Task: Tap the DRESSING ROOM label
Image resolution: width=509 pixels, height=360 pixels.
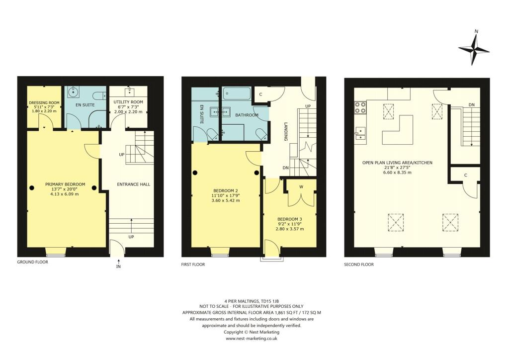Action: point(44,102)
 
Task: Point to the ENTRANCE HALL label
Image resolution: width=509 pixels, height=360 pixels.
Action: point(133,184)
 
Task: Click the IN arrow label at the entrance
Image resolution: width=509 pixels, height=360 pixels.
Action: point(118,267)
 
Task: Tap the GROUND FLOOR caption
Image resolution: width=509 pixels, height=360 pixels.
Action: point(33,262)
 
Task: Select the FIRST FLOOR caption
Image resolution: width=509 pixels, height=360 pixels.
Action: point(193,265)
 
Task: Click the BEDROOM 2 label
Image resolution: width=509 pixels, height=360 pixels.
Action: point(226,191)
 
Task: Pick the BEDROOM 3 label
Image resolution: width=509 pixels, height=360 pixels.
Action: point(289,219)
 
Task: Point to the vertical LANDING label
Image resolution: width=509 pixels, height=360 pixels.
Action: point(286,132)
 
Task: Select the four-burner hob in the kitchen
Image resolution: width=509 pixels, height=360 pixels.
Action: point(360,108)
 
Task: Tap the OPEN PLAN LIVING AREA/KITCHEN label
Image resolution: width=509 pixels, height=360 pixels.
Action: point(397,163)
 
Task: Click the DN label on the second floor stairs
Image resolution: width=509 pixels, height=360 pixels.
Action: point(471,105)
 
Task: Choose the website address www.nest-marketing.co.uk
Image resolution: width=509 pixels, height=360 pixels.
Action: point(252,338)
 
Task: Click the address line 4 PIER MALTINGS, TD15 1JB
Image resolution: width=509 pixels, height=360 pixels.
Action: point(252,300)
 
